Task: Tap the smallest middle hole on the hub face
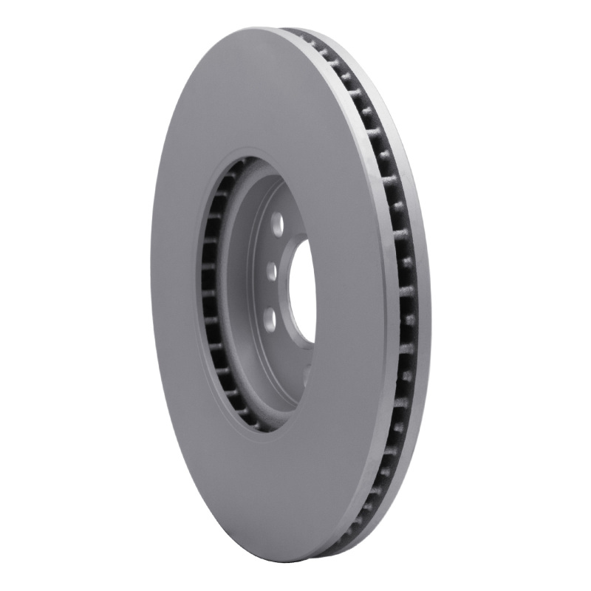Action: pos(272,271)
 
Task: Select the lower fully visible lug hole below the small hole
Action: pos(270,319)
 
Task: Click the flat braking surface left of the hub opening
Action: pos(174,295)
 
